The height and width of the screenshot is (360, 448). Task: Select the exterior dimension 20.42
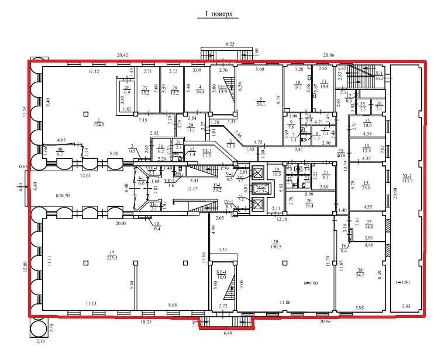tap(123, 54)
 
